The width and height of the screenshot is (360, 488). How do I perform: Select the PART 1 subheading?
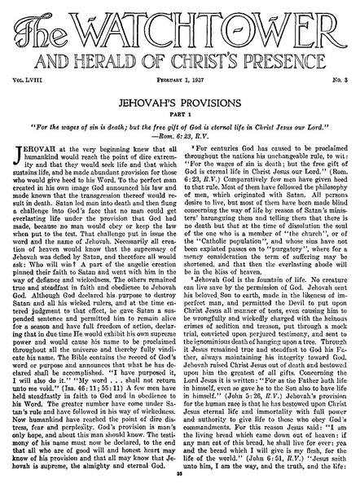click(179, 120)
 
